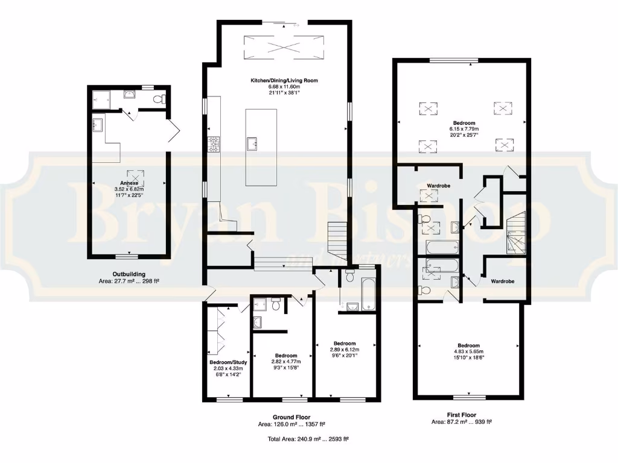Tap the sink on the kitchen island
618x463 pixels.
point(252,143)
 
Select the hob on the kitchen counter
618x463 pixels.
point(213,144)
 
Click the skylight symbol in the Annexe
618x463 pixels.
point(127,172)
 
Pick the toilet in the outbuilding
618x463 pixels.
point(159,99)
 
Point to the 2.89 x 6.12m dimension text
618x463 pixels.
point(344,350)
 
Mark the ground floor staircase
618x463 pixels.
point(338,239)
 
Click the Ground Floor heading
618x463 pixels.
point(291,417)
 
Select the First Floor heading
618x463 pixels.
point(462,415)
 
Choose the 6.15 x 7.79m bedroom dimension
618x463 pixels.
point(463,129)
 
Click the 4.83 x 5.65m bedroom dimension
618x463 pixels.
point(468,351)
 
